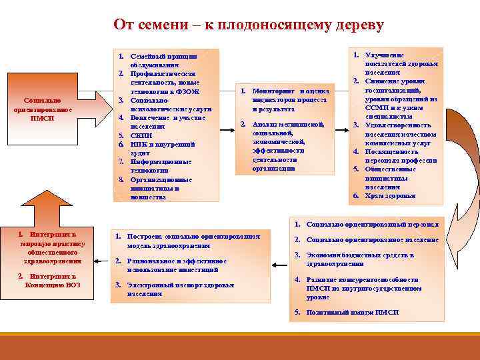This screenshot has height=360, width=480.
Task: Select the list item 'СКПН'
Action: pyautogui.click(x=143, y=135)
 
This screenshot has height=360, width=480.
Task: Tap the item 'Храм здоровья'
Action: pyautogui.click(x=389, y=196)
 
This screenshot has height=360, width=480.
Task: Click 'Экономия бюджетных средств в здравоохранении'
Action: pyautogui.click(x=360, y=259)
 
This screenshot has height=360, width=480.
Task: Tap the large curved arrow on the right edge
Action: pyautogui.click(x=467, y=200)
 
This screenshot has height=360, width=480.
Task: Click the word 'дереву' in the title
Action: pyautogui.click(x=360, y=25)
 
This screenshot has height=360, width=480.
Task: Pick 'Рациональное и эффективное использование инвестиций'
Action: pyautogui.click(x=177, y=265)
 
